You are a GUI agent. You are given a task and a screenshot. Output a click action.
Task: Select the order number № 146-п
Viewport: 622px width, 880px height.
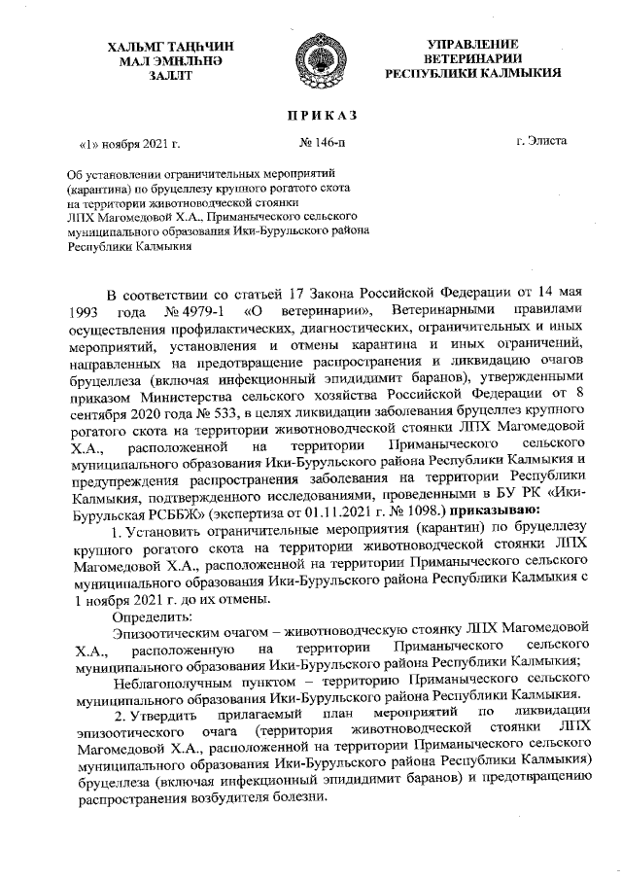pos(322,142)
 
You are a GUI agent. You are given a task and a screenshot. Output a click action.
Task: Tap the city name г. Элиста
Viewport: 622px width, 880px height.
pos(541,141)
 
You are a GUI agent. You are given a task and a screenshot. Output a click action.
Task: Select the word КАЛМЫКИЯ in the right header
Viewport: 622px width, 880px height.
pos(518,75)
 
